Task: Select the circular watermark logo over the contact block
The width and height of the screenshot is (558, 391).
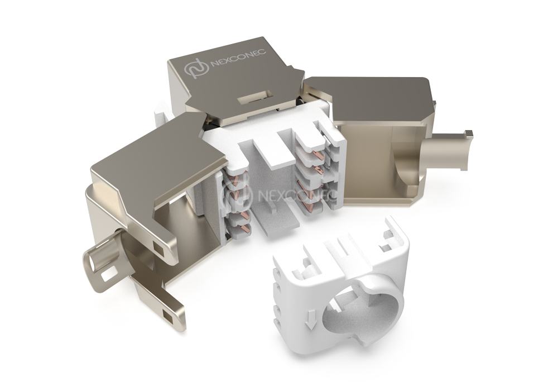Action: pyautogui.click(x=237, y=196)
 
